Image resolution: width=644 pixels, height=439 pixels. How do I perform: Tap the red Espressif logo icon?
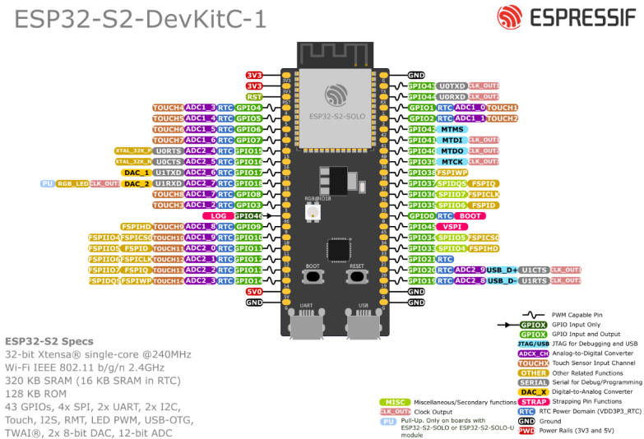click(509, 16)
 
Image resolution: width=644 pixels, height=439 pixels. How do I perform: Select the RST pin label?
click(254, 96)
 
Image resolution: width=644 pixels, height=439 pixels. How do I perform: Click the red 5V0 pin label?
click(254, 291)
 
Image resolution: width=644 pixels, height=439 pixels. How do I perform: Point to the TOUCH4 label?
click(168, 108)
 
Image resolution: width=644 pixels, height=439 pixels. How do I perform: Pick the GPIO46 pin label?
click(248, 215)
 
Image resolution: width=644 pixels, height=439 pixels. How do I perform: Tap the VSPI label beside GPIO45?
click(452, 227)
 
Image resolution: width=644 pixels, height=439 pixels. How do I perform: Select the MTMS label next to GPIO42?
click(452, 129)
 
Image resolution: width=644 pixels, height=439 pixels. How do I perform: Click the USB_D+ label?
click(502, 270)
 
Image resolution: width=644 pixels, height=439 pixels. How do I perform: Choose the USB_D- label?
click(502, 280)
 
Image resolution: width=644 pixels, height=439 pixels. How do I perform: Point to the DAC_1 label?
click(136, 173)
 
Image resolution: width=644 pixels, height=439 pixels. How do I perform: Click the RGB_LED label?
click(72, 183)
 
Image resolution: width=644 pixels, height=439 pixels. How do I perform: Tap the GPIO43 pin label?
click(421, 85)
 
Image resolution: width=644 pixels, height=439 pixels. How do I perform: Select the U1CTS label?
click(534, 270)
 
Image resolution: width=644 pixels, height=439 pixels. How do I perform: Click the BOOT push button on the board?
click(313, 277)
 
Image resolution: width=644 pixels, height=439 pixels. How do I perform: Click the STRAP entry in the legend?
click(533, 402)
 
